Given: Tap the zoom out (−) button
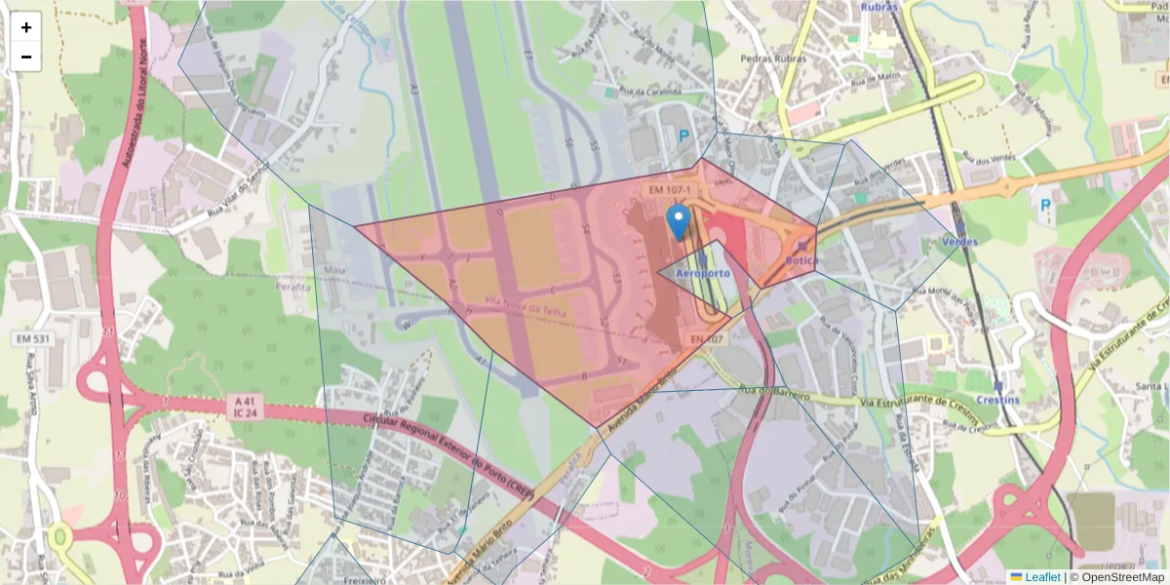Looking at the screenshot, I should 26,57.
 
